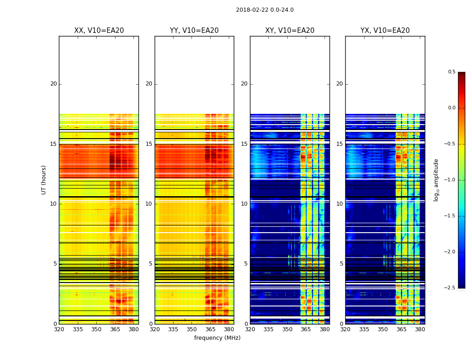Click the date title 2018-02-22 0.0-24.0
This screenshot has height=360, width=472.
pyautogui.click(x=265, y=10)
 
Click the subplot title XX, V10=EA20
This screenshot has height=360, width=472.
pyautogui.click(x=99, y=31)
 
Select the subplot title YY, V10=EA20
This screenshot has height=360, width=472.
pyautogui.click(x=194, y=31)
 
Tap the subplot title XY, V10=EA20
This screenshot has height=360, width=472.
pyautogui.click(x=290, y=31)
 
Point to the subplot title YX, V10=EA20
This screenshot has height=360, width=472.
pyautogui.click(x=385, y=31)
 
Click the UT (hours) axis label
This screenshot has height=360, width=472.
pyautogui.click(x=44, y=180)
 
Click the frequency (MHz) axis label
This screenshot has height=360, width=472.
pyautogui.click(x=217, y=338)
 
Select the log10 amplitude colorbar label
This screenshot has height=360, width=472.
pyautogui.click(x=436, y=180)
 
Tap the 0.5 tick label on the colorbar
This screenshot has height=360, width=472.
pyautogui.click(x=451, y=72)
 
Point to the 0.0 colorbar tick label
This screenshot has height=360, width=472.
pyautogui.click(x=451, y=108)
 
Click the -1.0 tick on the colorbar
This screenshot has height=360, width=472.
pyautogui.click(x=450, y=180)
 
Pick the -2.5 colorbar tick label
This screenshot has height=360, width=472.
pyautogui.click(x=450, y=288)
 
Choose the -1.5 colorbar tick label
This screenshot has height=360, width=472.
pyautogui.click(x=450, y=216)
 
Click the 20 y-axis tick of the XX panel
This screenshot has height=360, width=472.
pyautogui.click(x=53, y=84)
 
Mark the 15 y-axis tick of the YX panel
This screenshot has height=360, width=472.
pyautogui.click(x=340, y=144)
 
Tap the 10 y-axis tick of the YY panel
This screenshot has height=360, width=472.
pyautogui.click(x=149, y=204)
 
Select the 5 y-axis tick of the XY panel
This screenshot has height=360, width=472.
pyautogui.click(x=246, y=264)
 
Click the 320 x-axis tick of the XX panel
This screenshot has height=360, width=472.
pyautogui.click(x=59, y=329)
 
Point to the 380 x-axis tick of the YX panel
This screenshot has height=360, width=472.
pyautogui.click(x=420, y=329)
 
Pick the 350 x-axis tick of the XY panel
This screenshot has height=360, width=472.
pyautogui.click(x=287, y=329)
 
